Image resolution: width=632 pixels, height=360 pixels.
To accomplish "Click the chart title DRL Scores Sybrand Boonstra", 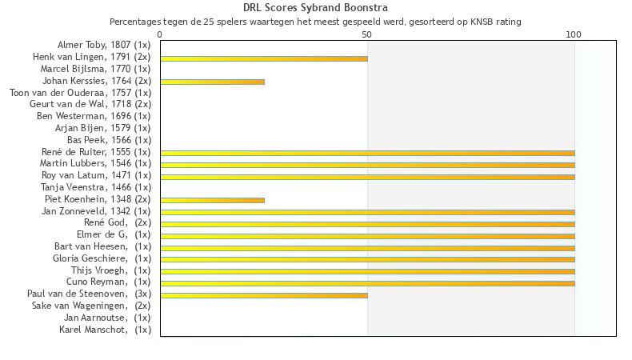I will click(x=315, y=9).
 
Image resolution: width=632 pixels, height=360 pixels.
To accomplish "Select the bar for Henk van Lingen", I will click(x=264, y=58).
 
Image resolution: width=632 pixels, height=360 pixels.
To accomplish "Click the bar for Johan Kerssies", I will click(x=212, y=82).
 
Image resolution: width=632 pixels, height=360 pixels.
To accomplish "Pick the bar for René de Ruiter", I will click(x=367, y=153).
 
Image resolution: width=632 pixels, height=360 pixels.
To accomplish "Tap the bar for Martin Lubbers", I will click(x=367, y=165).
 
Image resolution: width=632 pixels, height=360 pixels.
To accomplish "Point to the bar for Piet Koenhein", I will click(x=212, y=200).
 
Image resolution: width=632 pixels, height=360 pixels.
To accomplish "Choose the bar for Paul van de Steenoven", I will click(x=264, y=295).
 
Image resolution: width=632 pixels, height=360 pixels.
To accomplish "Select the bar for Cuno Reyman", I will click(x=367, y=283).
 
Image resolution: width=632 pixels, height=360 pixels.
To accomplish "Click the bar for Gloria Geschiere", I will click(x=367, y=259).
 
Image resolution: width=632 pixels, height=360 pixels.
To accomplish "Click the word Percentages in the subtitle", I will click(x=137, y=22).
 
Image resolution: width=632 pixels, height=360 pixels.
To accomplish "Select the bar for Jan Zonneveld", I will click(x=367, y=212).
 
